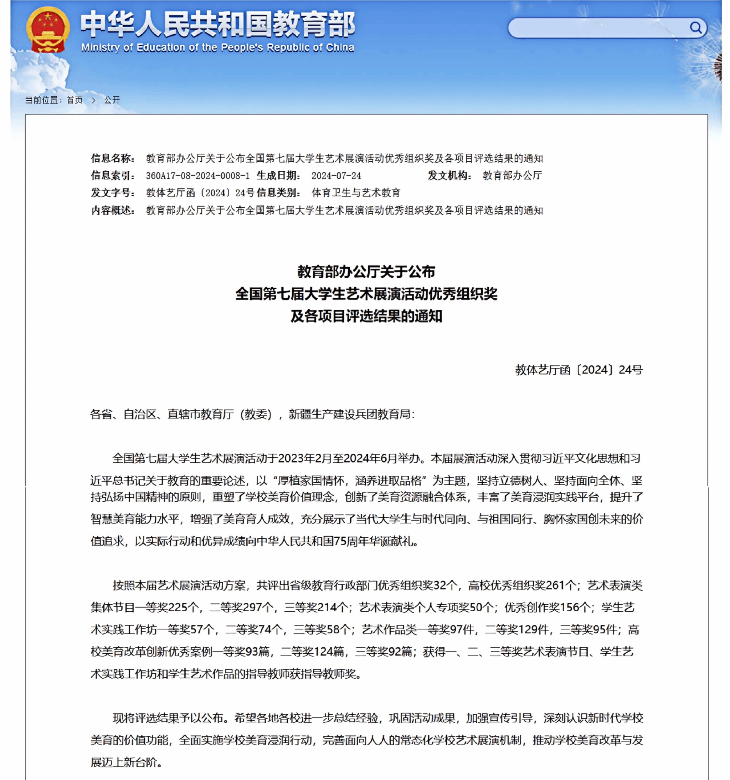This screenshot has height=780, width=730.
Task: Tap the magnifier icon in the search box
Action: pos(695,27)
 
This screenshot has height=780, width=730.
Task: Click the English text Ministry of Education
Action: pos(217,48)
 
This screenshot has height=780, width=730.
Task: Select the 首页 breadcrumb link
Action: pos(74,100)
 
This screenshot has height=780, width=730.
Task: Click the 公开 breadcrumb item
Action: pos(112,100)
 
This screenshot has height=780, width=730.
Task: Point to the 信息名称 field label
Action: pos(113,158)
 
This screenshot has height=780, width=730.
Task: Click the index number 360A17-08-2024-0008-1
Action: pos(197,176)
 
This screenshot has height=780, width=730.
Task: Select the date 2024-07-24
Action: pos(336,176)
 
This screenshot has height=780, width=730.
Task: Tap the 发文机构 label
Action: pos(449,176)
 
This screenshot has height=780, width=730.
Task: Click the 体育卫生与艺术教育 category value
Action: pos(356,193)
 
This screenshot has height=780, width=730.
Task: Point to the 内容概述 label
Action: pos(113,211)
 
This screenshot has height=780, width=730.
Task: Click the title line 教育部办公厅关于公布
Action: pos(366,272)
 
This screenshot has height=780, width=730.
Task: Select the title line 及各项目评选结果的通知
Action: pos(366,316)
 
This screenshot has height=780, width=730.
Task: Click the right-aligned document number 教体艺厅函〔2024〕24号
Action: pos(579,370)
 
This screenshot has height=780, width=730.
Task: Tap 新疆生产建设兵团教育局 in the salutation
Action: pos(349,414)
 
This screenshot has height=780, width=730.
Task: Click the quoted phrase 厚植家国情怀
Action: pos(310,481)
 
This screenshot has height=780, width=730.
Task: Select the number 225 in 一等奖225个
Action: pos(178,608)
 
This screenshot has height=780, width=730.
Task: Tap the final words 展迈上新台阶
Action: pos(124,763)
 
